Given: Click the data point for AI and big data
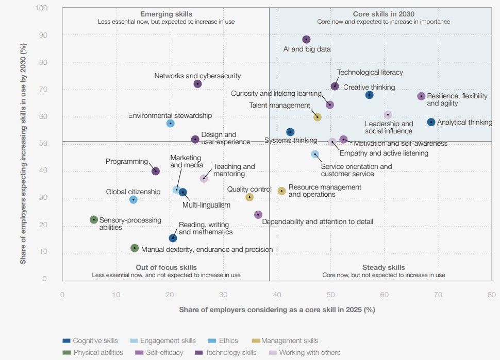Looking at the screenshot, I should click(306, 40).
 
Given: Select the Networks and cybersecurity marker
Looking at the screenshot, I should click(197, 84).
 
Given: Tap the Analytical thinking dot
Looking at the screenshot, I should click(431, 122).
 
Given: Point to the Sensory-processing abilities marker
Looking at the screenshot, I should click(94, 219).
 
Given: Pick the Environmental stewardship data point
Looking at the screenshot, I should click(170, 124).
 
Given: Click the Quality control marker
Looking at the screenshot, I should click(249, 197).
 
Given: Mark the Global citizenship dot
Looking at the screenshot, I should click(134, 199).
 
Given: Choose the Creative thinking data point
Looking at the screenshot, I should click(369, 95).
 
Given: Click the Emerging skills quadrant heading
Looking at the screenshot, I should click(166, 14).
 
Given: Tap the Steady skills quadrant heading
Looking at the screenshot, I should click(384, 268).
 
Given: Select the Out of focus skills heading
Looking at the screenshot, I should click(166, 268).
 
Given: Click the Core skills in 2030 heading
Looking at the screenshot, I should click(384, 14).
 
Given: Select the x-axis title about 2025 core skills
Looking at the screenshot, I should click(277, 310).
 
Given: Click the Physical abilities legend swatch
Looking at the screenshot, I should click(66, 353).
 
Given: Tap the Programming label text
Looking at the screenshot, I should click(127, 162).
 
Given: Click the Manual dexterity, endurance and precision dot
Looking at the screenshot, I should click(135, 248).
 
